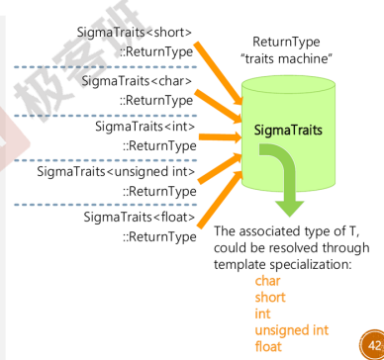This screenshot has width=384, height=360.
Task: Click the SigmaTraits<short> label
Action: point(135,33)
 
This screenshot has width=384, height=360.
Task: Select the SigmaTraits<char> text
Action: point(137,81)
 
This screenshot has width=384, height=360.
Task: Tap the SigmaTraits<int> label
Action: point(145,127)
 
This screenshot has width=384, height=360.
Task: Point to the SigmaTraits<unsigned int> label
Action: point(116,172)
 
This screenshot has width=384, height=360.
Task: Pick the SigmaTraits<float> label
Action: point(140,218)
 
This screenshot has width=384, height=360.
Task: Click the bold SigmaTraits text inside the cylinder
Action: point(288,131)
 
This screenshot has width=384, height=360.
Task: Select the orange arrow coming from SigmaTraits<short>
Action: point(219,72)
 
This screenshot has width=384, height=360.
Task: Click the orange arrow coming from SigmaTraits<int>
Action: point(221,137)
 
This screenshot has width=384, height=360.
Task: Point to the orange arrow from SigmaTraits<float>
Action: point(221,200)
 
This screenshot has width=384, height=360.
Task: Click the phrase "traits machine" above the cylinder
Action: point(286,58)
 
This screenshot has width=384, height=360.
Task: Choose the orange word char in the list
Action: point(267,281)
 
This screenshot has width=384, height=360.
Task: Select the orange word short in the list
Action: point(270,298)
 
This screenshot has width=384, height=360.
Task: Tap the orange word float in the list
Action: point(268,346)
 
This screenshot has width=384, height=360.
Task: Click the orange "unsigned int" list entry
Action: point(292,330)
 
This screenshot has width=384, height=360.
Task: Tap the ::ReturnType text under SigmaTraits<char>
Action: point(156,100)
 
